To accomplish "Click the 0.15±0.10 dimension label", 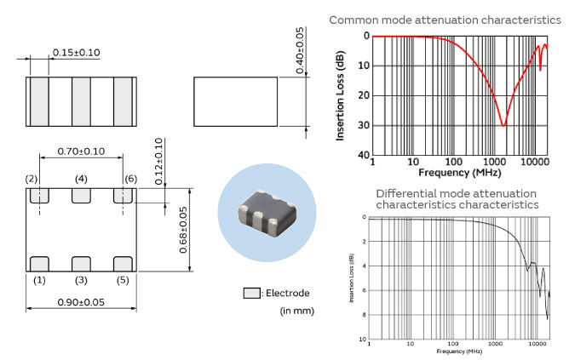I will (76, 53).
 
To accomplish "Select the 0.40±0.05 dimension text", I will (299, 54).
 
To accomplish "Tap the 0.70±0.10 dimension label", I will (81, 151).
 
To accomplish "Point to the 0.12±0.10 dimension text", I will (158, 163).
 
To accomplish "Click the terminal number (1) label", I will (38, 280).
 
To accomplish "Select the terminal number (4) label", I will (82, 179).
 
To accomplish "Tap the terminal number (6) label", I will (130, 179).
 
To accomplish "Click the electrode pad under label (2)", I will (37, 196).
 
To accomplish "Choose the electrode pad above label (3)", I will (82, 263).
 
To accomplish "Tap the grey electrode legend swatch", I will (251, 293).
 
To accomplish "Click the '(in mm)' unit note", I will (297, 311).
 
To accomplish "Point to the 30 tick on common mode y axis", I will (364, 125).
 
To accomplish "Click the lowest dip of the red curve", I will (503, 125).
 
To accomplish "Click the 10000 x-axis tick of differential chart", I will (536, 344).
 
